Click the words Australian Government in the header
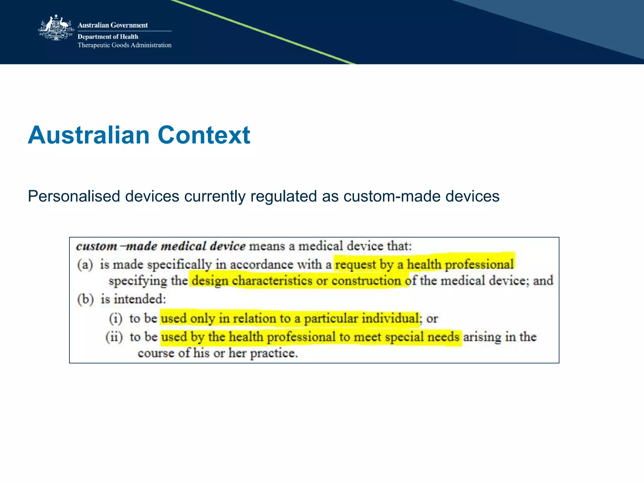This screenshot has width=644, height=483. click(113, 25)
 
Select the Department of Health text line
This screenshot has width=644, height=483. click(108, 37)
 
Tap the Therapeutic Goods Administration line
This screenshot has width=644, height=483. click(125, 45)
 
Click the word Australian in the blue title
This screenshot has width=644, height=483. click(89, 135)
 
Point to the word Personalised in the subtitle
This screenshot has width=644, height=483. click(74, 196)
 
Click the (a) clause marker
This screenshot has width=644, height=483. click(85, 265)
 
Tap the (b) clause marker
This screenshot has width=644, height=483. click(86, 299)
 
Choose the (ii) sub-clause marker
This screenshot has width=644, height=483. click(114, 337)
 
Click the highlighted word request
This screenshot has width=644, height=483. click(355, 265)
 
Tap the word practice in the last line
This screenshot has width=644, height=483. click(274, 353)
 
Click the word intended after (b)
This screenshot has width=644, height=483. click(139, 299)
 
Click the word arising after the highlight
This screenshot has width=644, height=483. click(482, 337)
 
